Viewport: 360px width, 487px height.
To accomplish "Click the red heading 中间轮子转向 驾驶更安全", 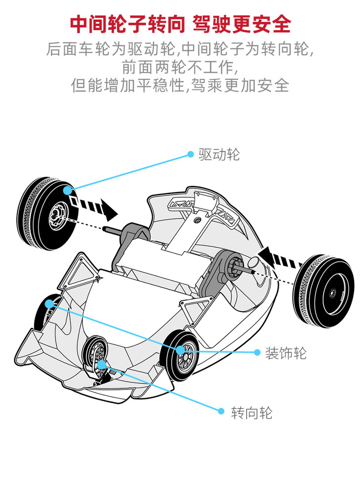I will click(x=180, y=24).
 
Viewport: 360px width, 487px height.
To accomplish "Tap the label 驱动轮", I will click(x=219, y=154).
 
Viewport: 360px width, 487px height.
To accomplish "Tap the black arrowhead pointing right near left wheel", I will click(x=110, y=212).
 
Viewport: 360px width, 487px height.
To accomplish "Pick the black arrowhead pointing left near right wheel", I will click(x=266, y=257).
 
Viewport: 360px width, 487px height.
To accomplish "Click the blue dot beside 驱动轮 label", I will click(x=190, y=154).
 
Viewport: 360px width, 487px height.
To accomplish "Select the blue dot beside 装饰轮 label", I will click(x=257, y=352).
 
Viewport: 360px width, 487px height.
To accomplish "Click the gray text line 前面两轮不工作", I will click(x=180, y=68).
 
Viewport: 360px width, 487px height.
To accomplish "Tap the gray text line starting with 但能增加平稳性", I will click(x=180, y=85).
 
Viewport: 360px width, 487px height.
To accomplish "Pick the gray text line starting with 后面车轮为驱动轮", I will click(x=180, y=49).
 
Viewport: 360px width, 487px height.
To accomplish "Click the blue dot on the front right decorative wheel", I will click(x=181, y=349).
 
